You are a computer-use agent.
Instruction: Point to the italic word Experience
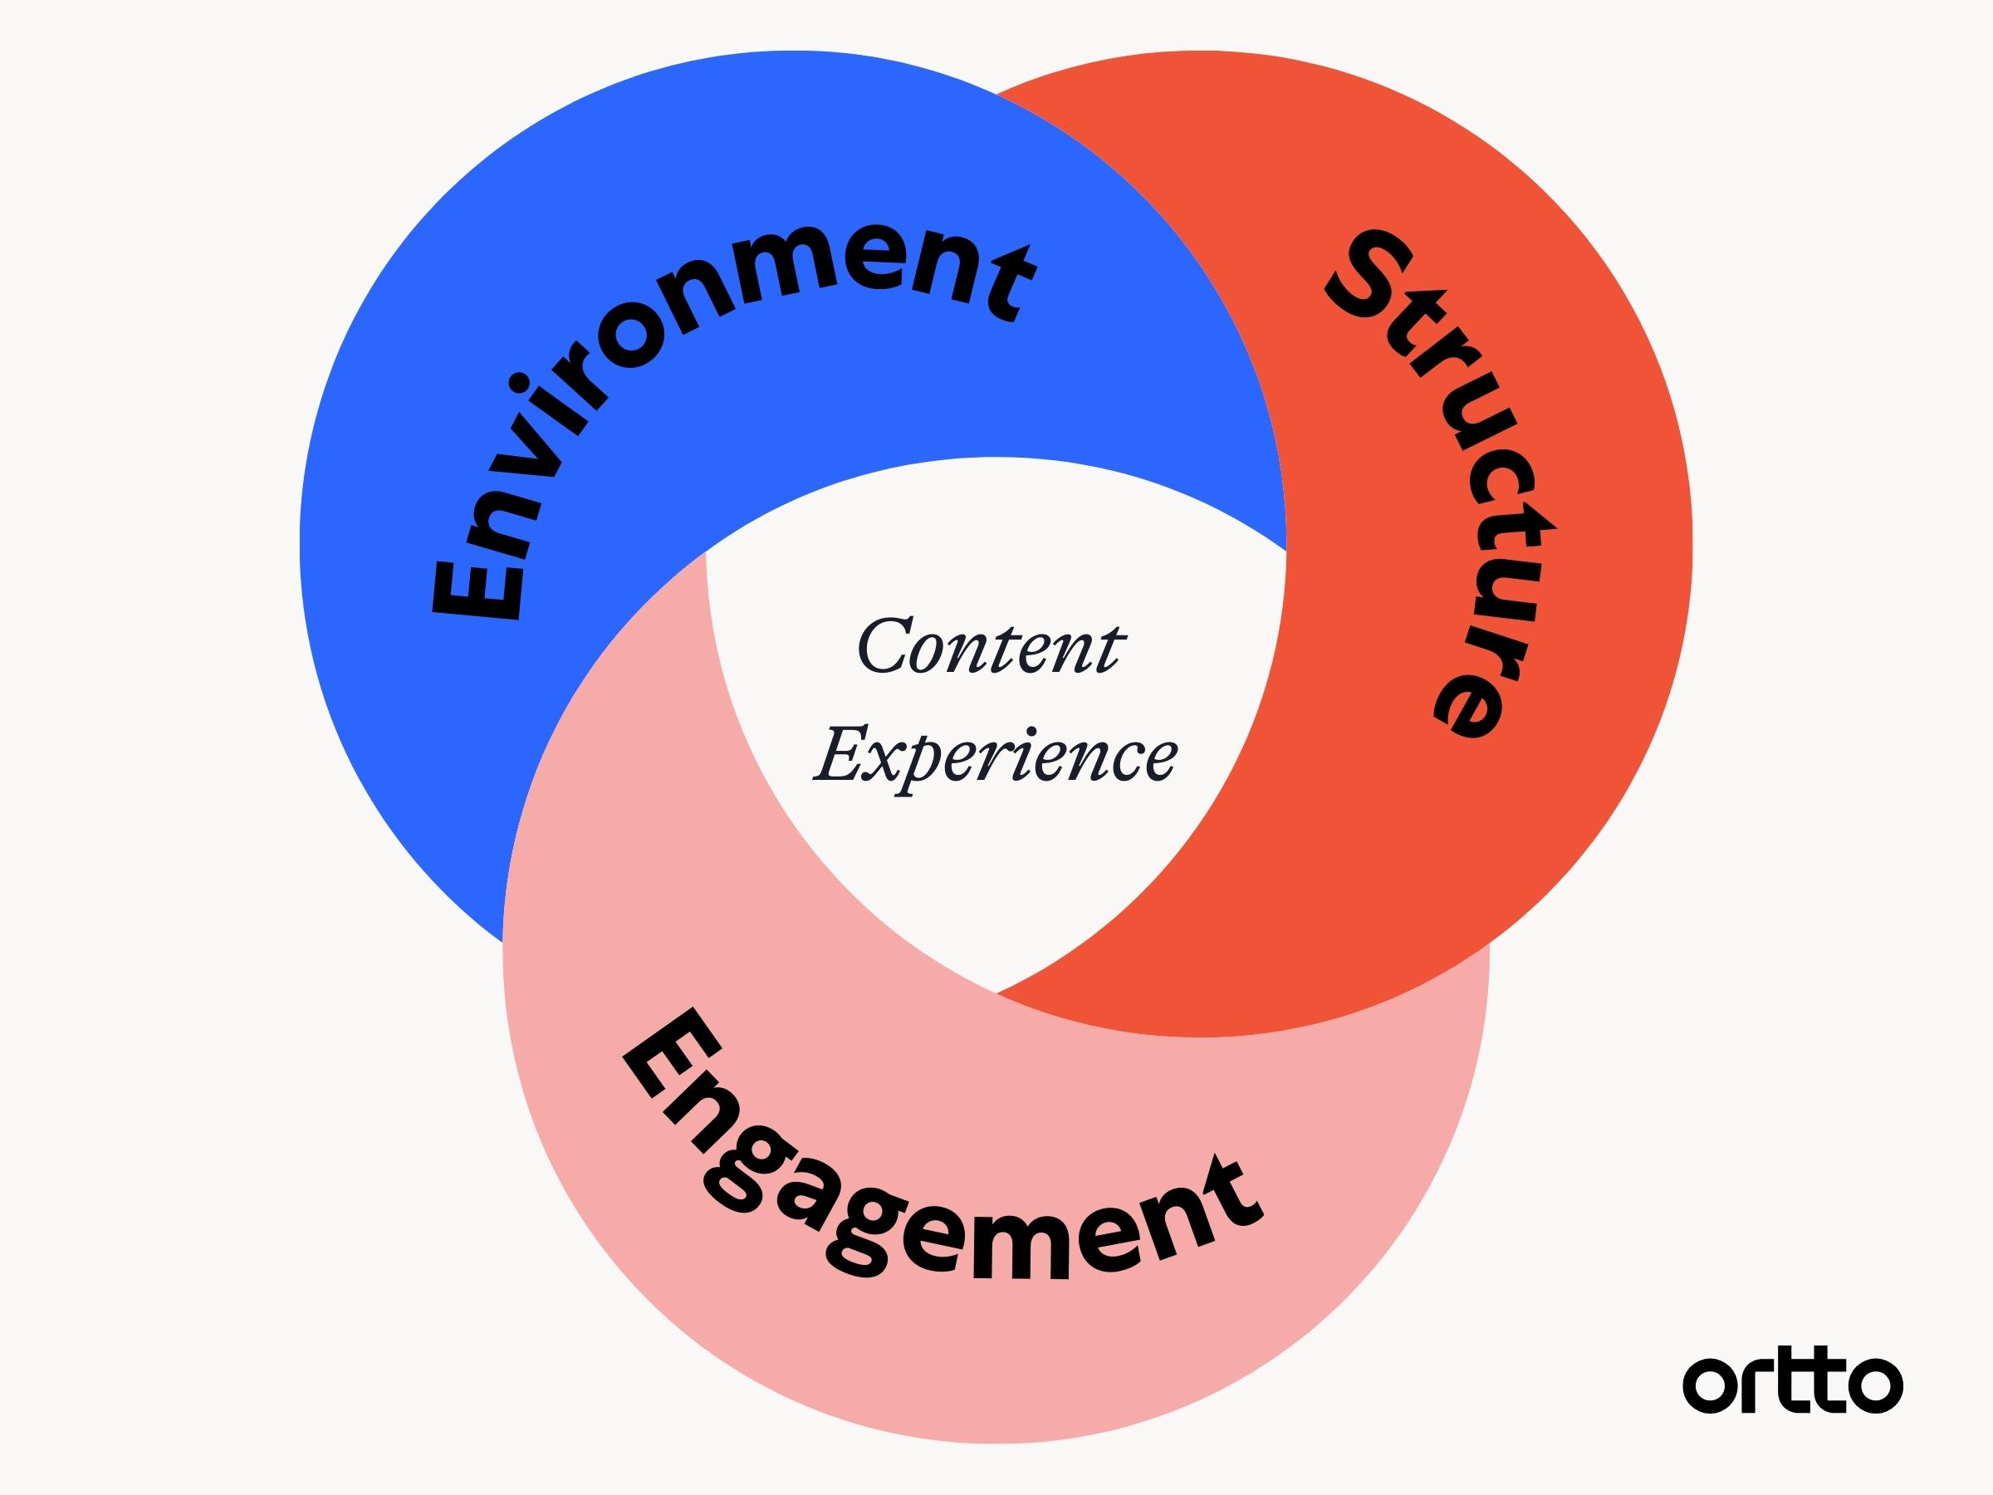[x=995, y=755]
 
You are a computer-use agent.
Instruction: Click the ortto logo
[x=1792, y=1381]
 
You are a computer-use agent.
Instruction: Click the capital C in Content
[x=888, y=645]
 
